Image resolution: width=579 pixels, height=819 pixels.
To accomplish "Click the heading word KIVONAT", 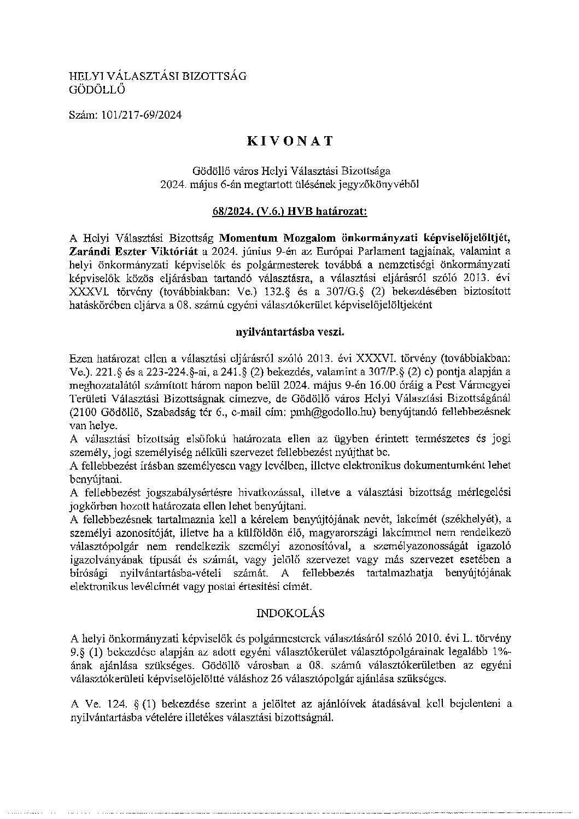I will [290, 141].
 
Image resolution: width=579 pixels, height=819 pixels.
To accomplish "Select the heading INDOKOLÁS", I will [290, 613].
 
